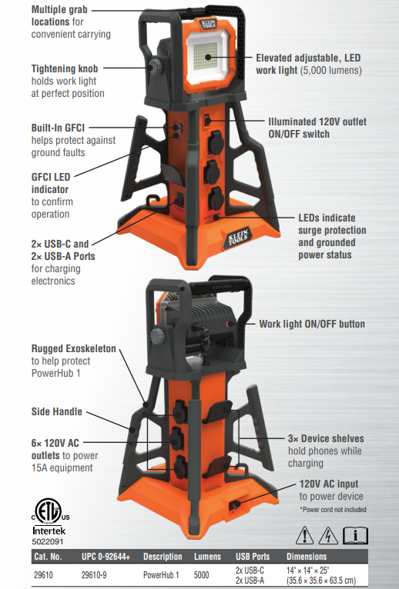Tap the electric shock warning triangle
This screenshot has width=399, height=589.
(328, 535)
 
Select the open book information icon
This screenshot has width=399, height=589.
(355, 535)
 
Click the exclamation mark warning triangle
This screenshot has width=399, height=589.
(304, 535)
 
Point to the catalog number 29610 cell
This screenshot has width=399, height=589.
(43, 574)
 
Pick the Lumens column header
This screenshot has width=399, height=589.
(207, 556)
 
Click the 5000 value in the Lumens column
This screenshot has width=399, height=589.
(201, 574)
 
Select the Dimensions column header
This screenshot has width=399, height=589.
(307, 556)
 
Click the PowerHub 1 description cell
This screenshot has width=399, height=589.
(161, 574)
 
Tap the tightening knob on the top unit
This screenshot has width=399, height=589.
(154, 67)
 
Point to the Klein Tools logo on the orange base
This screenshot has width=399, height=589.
(238, 237)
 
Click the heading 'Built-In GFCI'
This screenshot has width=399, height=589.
(58, 128)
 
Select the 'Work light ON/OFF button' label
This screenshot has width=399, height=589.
(312, 324)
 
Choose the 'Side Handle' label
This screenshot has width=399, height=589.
(56, 411)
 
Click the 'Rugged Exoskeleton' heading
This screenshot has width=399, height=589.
(73, 348)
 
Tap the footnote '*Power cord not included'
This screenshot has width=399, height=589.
(333, 509)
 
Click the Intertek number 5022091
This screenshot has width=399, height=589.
(48, 541)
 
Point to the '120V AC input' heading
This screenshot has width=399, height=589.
(329, 484)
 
